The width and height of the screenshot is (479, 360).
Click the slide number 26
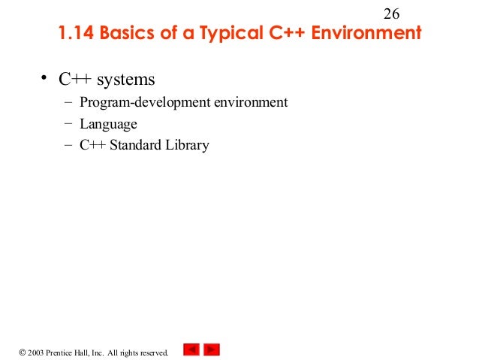(392, 14)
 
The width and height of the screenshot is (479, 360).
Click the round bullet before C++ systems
(44, 77)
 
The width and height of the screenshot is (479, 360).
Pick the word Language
(109, 125)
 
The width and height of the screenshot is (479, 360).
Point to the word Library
(188, 146)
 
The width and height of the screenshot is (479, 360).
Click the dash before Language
(68, 124)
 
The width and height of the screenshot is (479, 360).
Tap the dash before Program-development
(68, 102)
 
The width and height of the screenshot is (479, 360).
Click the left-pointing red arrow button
(191, 349)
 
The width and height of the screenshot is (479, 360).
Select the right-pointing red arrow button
(212, 349)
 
